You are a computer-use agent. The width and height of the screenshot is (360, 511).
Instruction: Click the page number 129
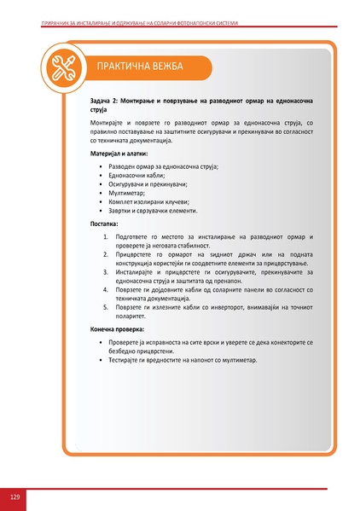point(15,496)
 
